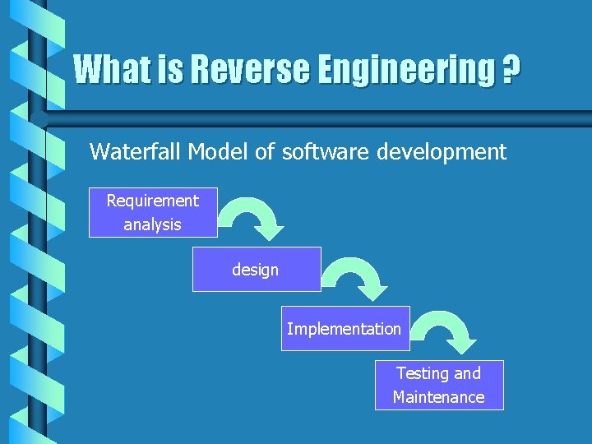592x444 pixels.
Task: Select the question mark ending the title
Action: (x=511, y=70)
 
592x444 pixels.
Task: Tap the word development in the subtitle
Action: (x=444, y=151)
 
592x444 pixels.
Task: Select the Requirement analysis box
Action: (x=153, y=212)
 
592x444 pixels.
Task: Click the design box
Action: (x=257, y=269)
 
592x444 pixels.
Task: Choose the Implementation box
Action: (x=345, y=329)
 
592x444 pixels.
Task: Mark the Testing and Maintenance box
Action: (x=439, y=385)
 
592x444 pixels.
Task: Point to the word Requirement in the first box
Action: (x=153, y=201)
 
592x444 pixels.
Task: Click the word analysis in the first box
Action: (x=153, y=224)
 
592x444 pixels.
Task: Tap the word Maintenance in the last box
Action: (x=439, y=397)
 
